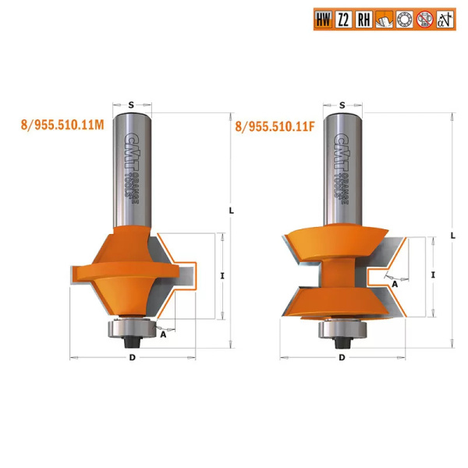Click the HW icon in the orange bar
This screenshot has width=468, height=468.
tap(323, 19)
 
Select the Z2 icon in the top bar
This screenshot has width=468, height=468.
tap(343, 19)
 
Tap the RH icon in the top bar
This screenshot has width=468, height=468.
tap(363, 19)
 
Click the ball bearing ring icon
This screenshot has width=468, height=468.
tap(404, 19)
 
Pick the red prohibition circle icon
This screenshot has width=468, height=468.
tap(425, 19)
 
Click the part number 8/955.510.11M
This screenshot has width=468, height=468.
tap(62, 125)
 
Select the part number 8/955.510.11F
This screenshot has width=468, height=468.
tap(275, 126)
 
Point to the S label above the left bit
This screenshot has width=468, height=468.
tap(131, 105)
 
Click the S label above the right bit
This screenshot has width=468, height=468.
tap(342, 105)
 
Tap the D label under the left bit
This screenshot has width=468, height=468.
tap(133, 357)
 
